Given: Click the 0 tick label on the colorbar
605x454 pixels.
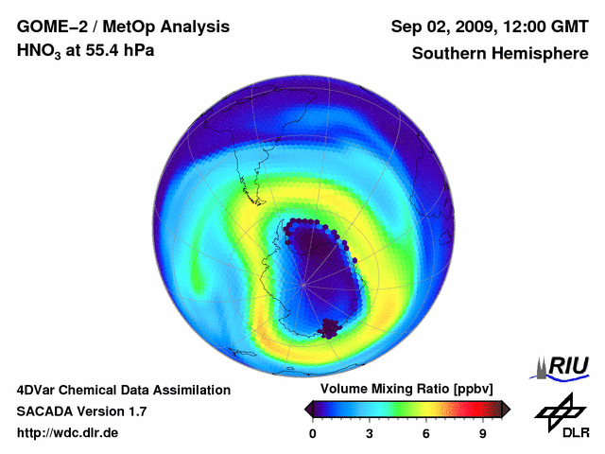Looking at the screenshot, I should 313,434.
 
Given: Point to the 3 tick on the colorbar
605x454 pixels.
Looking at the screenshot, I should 370,434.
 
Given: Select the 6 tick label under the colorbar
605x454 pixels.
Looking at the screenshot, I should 426,434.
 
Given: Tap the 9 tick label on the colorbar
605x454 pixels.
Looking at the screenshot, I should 483,434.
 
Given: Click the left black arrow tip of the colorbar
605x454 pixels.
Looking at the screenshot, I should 308,409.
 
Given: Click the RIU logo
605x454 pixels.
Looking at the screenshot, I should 564,365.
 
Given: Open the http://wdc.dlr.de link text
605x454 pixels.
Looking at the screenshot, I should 68,434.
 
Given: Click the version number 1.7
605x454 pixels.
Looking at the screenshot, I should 136,411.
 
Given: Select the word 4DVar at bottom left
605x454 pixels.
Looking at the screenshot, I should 37,390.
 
